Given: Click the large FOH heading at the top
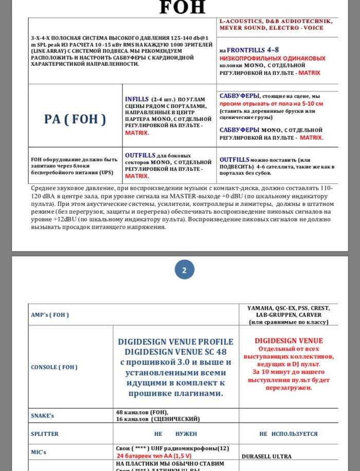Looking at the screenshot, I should click(183, 7).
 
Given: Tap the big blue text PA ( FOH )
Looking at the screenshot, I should click(75, 119).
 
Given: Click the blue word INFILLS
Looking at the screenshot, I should click(136, 98).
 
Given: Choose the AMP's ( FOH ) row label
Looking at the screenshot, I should click(50, 315).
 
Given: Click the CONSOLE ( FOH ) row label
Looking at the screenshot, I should click(54, 367).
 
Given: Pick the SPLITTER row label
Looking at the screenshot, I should click(45, 434).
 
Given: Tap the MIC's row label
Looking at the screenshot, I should click(39, 452).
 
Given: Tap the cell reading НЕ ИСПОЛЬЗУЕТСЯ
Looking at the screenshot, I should click(288, 434).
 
